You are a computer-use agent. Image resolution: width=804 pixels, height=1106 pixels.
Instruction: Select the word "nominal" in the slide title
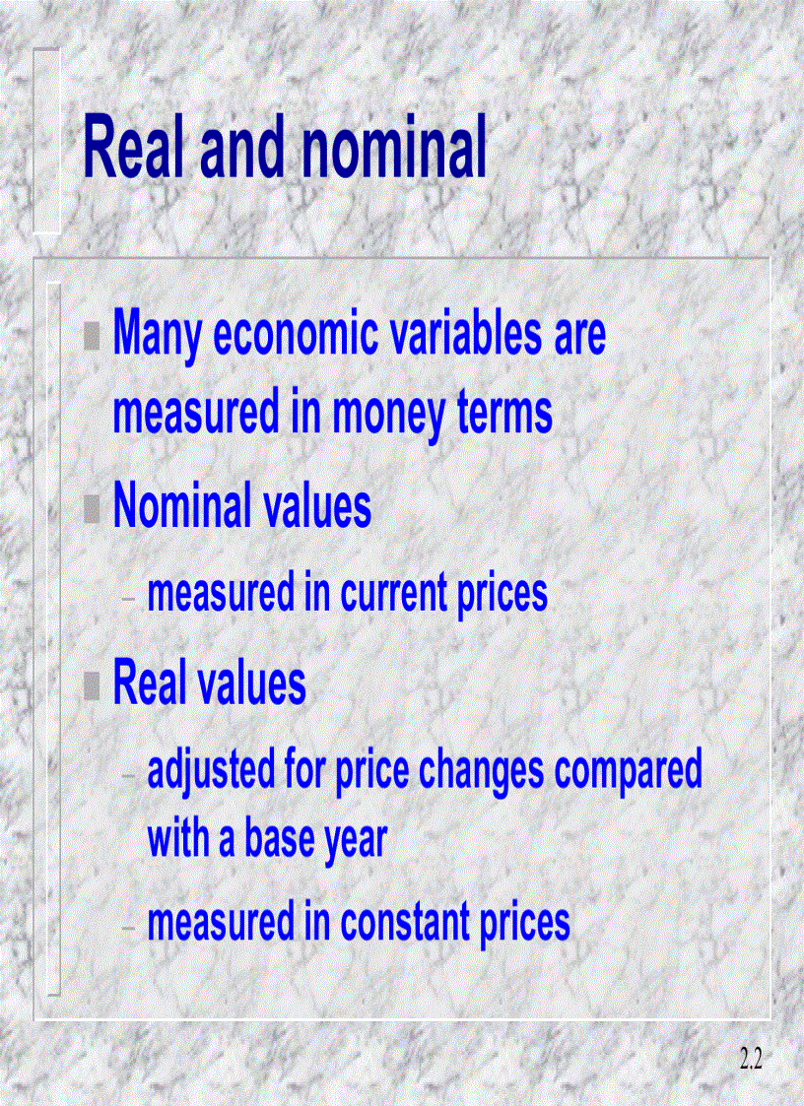(395, 149)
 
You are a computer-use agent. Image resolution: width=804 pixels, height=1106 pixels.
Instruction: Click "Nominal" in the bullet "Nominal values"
(182, 506)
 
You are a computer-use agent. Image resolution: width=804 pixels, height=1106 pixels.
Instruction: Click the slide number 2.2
(751, 1060)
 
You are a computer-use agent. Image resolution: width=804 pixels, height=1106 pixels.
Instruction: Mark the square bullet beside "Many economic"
(92, 337)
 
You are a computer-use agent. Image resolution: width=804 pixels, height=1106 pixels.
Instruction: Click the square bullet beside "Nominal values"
(92, 508)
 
